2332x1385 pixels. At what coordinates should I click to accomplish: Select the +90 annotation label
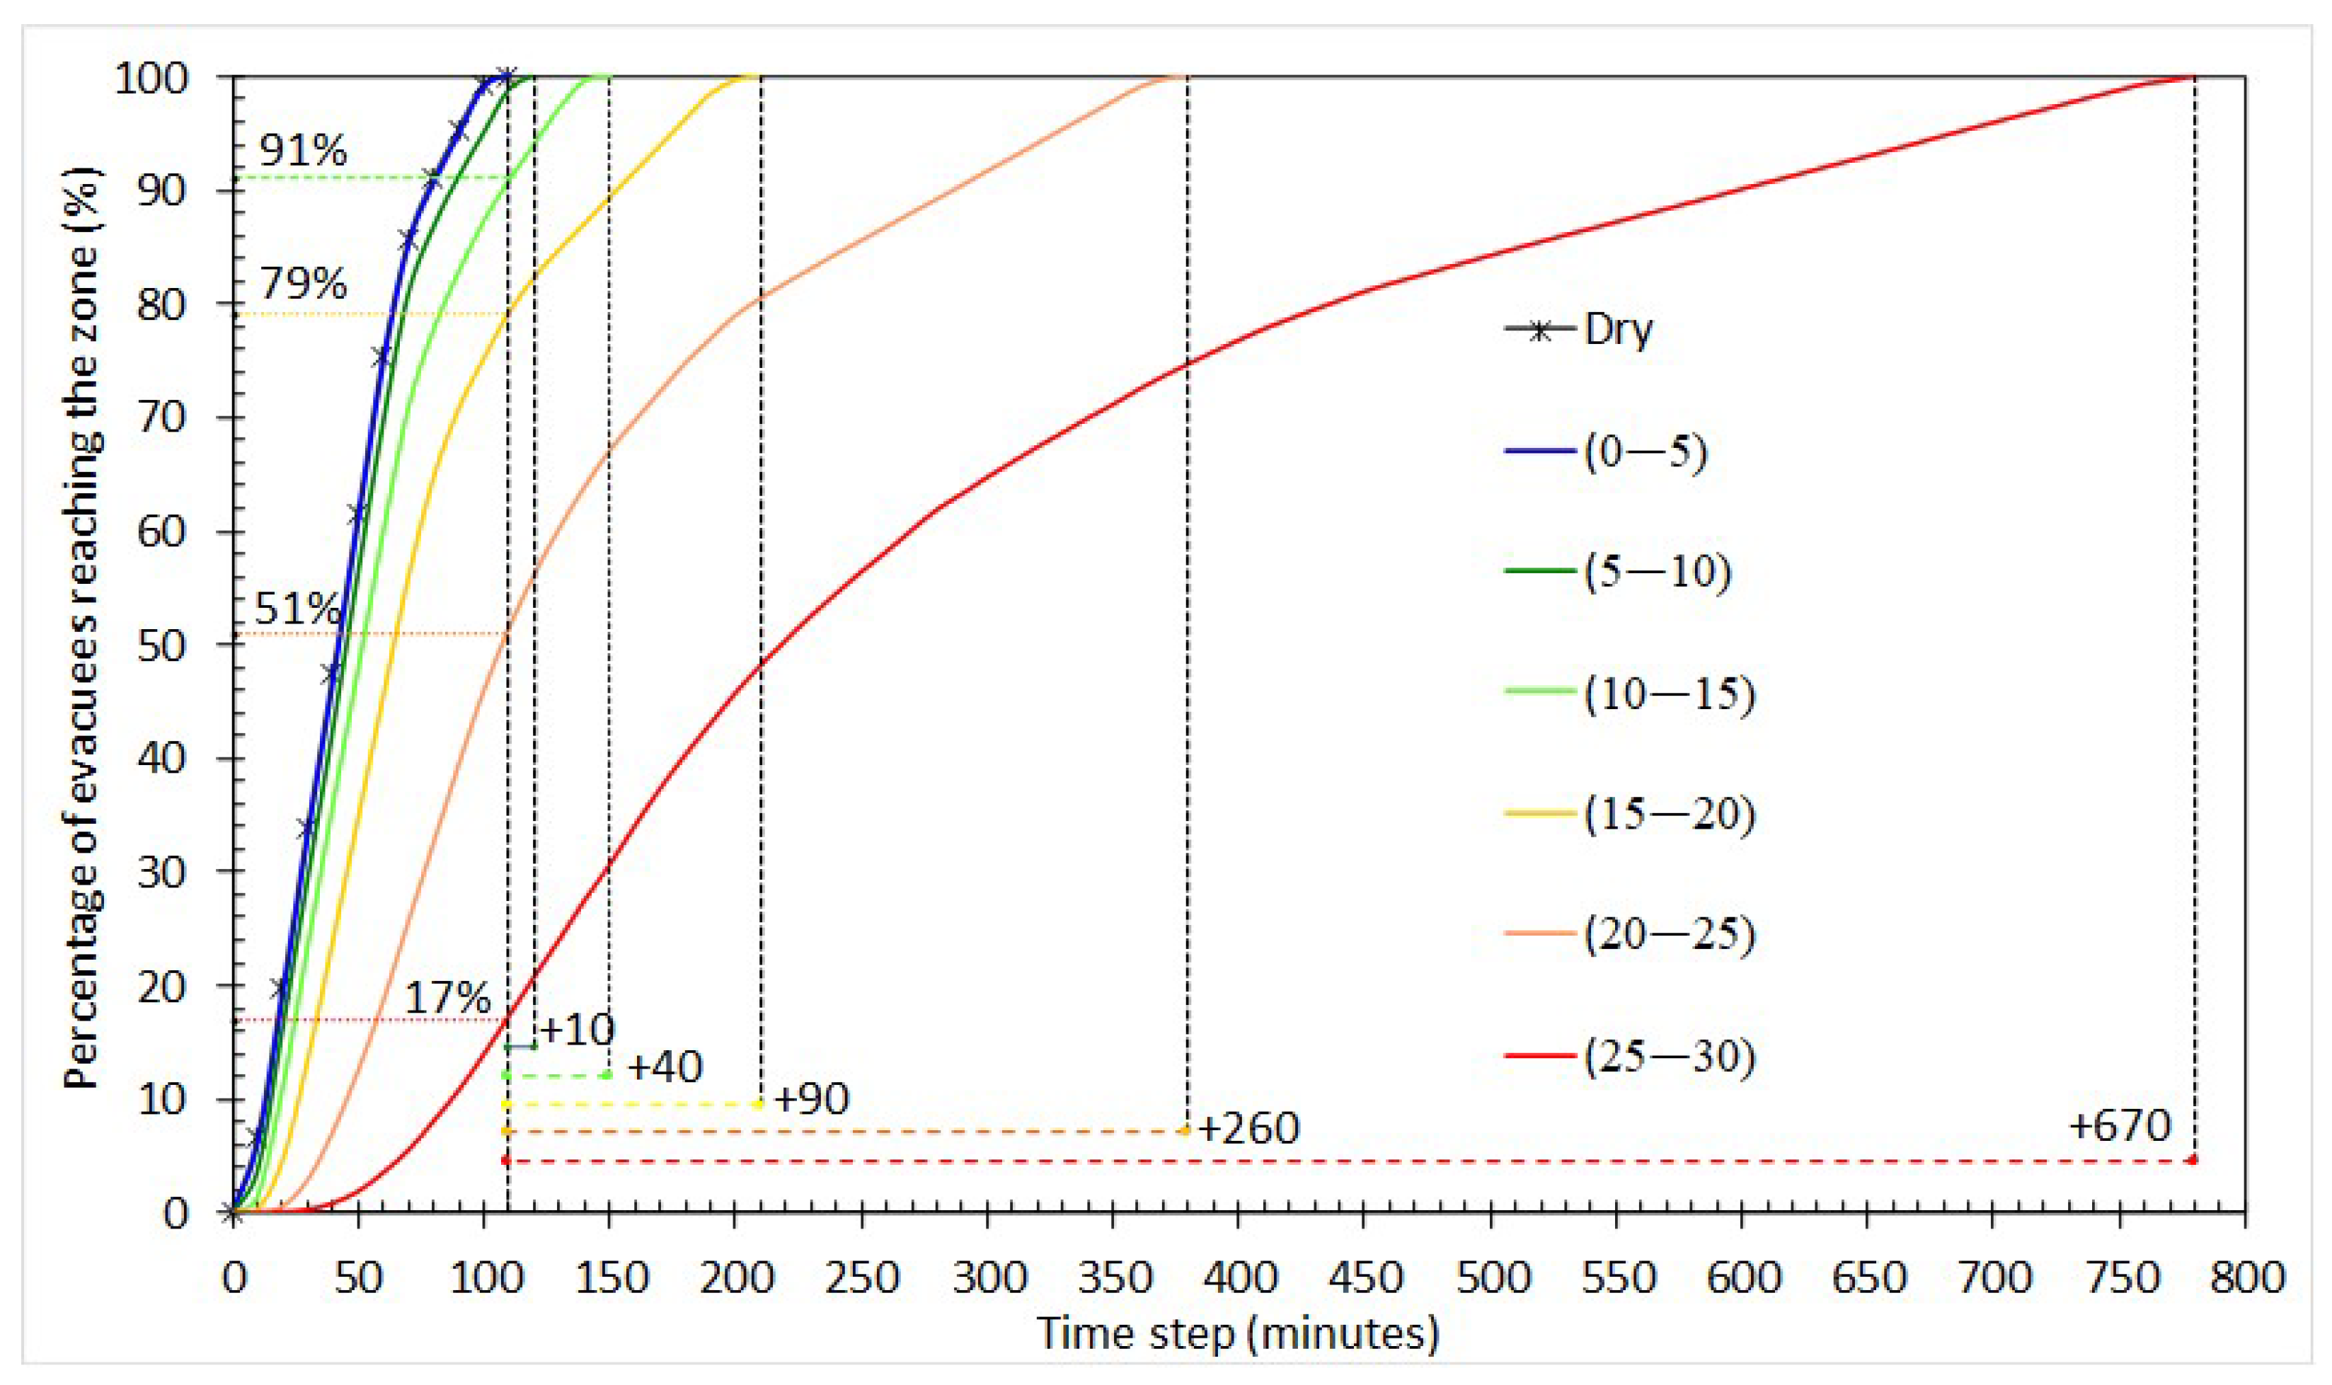tap(811, 1099)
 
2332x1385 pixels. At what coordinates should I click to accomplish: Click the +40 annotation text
tap(665, 1067)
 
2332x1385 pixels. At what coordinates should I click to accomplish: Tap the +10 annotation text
tap(577, 1030)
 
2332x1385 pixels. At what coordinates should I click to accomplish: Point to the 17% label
tap(447, 999)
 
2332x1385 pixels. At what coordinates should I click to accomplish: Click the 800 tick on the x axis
tap(2245, 1277)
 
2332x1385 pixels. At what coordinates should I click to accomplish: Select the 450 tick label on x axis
tap(1365, 1277)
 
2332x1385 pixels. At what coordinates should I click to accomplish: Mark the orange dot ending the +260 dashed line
tap(1185, 1130)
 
